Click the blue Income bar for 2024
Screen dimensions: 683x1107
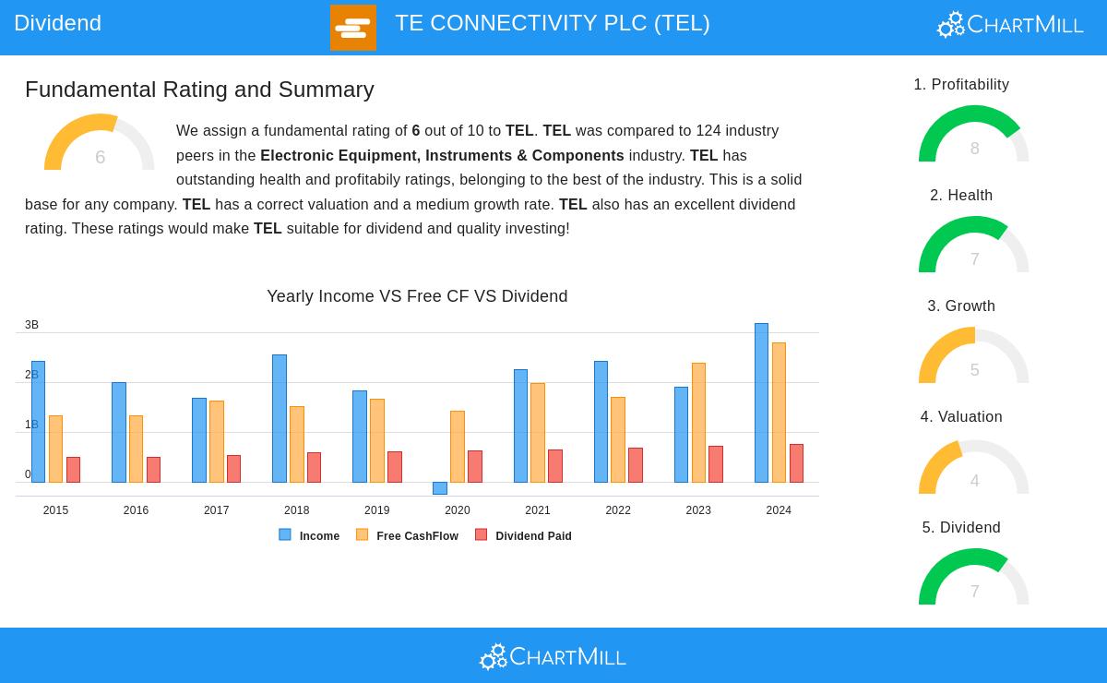coord(761,402)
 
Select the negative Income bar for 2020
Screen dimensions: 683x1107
coord(440,488)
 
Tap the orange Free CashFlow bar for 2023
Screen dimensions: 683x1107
coord(698,423)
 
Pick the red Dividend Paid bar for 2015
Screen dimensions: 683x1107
coord(73,470)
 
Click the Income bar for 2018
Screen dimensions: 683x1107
coord(280,418)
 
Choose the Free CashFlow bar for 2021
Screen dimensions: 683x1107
coord(538,433)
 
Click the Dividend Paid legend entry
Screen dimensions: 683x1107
coord(523,535)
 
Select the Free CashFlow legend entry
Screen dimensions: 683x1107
coord(407,535)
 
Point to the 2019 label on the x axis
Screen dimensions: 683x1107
coord(376,510)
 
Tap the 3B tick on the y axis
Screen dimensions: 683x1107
coord(31,325)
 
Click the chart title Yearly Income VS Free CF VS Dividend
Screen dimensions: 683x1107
coord(417,296)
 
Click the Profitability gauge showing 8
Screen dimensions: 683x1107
coord(974,137)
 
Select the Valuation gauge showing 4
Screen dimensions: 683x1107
coord(974,469)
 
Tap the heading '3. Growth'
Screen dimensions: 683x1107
coord(961,306)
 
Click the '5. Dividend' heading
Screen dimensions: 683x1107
coord(961,528)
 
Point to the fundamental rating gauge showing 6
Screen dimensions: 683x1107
coord(100,145)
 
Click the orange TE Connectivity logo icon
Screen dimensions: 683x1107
coord(353,28)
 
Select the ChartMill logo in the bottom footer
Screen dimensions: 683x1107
coord(553,656)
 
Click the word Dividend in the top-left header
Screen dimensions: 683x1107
coord(57,23)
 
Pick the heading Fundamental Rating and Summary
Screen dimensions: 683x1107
coord(199,90)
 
